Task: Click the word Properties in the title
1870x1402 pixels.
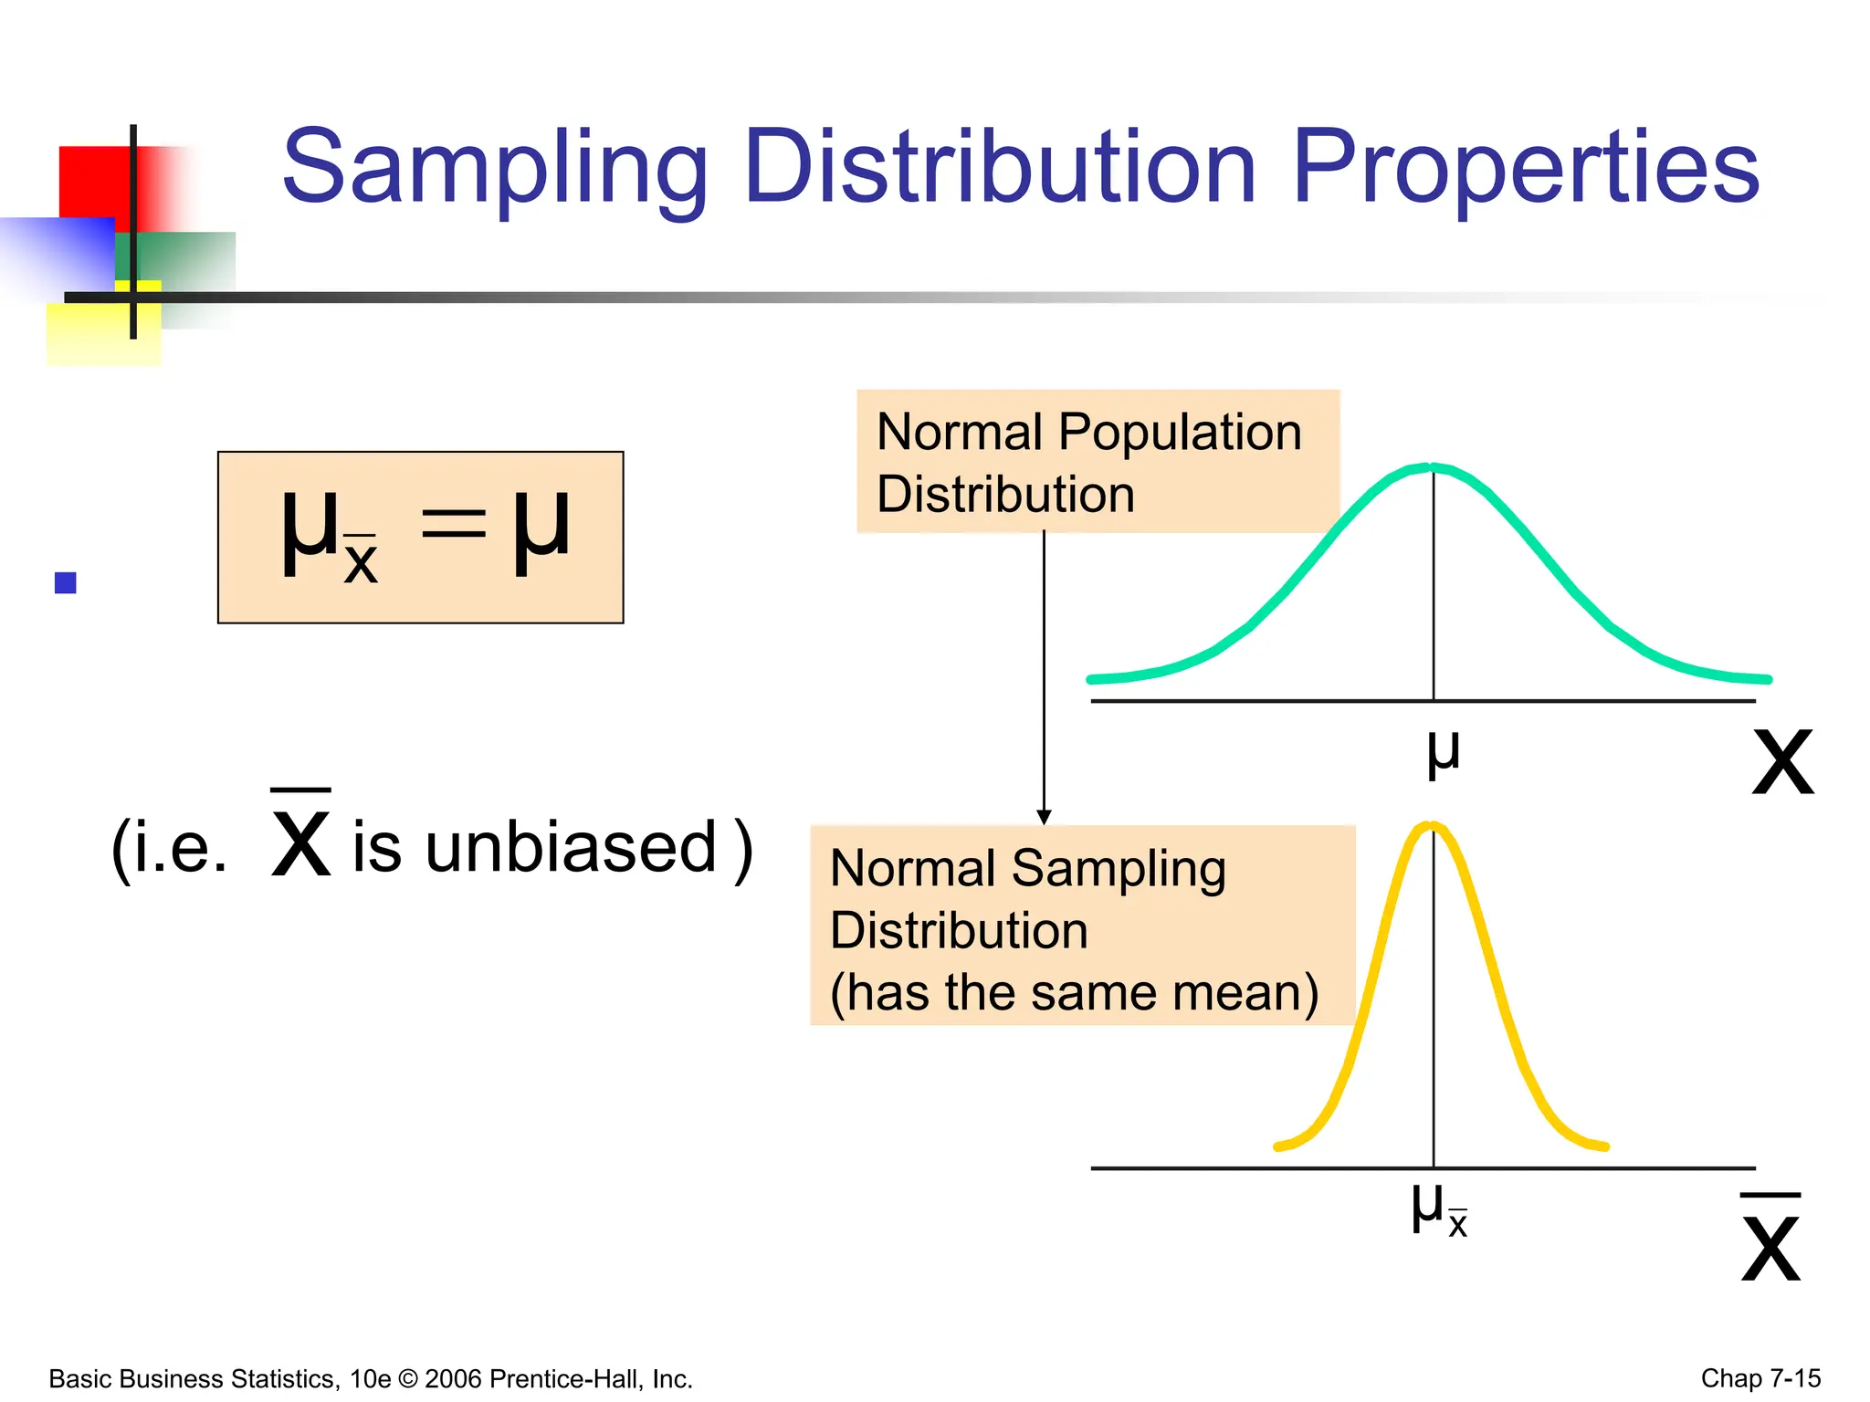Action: [x=1525, y=169]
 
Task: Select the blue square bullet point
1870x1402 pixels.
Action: [x=66, y=582]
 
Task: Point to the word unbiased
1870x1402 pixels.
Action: [x=571, y=847]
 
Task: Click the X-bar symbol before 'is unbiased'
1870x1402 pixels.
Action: [x=301, y=835]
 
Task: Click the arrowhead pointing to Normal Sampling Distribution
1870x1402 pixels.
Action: [x=1044, y=817]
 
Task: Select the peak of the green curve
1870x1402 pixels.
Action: [x=1433, y=468]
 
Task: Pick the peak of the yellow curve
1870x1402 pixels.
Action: [x=1433, y=827]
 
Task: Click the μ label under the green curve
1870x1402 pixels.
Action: [x=1443, y=753]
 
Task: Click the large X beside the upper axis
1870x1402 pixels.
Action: [x=1782, y=762]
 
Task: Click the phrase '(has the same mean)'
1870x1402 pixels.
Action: [x=1074, y=992]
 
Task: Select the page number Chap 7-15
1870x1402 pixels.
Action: [x=1760, y=1378]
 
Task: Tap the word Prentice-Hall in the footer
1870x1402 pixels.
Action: [x=567, y=1379]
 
